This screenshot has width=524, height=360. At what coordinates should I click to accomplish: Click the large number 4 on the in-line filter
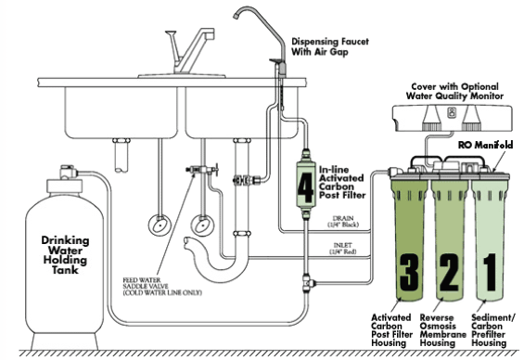[x=305, y=188]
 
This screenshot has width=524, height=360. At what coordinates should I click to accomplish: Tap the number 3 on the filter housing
[x=409, y=272]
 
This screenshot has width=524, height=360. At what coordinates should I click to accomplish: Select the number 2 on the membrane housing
[x=449, y=272]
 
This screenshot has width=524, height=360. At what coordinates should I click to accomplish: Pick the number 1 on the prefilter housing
[x=490, y=272]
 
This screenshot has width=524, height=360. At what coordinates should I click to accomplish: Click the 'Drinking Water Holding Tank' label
[x=65, y=255]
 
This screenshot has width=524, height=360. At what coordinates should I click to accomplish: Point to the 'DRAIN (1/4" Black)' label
[x=343, y=222]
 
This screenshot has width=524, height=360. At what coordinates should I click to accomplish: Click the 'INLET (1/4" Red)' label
[x=343, y=248]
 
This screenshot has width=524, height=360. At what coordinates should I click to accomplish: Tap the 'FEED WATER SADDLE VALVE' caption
[x=162, y=287]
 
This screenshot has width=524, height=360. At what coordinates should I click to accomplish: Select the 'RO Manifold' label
[x=485, y=145]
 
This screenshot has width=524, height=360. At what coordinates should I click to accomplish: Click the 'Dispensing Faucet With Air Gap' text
[x=330, y=46]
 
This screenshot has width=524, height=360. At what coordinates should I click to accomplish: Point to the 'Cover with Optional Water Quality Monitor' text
[x=454, y=91]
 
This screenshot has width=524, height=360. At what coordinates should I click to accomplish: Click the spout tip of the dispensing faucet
[x=236, y=17]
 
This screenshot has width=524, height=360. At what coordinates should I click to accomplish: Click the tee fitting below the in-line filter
[x=309, y=283]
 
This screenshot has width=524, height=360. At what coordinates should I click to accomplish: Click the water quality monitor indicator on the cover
[x=451, y=112]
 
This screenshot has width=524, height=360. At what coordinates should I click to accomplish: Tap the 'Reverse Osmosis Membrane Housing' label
[x=442, y=330]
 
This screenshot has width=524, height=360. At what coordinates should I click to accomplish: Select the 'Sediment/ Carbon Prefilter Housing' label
[x=492, y=330]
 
